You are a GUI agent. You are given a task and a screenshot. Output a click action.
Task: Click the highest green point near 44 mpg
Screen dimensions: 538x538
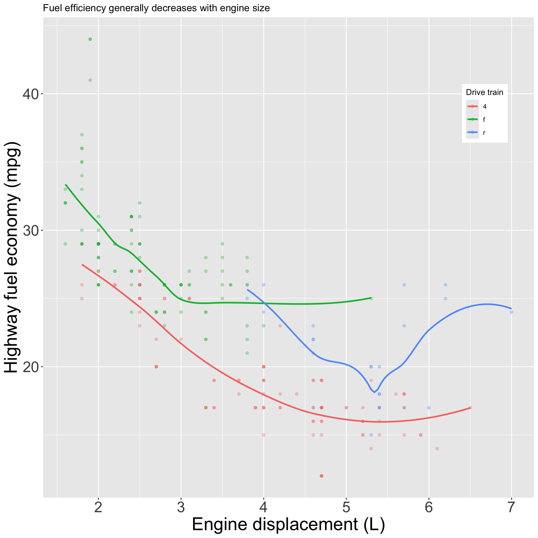point(90,39)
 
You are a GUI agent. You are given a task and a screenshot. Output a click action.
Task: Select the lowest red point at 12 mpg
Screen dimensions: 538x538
point(321,476)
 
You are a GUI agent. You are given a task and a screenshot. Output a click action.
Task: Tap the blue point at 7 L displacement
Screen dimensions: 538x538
point(511,312)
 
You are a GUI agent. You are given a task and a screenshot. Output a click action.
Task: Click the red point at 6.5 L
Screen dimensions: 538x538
point(470,407)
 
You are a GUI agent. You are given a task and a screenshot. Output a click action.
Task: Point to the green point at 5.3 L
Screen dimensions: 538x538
point(371,298)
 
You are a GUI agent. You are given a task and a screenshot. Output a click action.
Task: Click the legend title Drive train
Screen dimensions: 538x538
point(484,92)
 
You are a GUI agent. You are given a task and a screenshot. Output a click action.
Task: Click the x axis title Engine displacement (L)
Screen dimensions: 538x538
point(288,525)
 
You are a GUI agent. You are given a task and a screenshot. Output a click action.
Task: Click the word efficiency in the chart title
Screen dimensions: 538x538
point(84,8)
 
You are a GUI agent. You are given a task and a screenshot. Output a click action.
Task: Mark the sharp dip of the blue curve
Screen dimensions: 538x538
point(374,392)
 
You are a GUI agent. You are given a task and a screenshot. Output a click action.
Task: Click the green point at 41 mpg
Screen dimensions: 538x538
point(90,80)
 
